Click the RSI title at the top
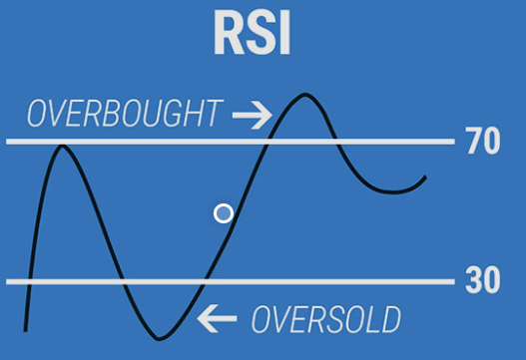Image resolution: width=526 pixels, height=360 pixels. click(252, 34)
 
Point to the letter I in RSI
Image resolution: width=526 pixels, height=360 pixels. click(283, 34)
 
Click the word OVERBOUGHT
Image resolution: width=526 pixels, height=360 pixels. click(124, 115)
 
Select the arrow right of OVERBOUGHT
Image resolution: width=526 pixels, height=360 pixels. click(252, 117)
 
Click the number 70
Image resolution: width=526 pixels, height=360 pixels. click(482, 143)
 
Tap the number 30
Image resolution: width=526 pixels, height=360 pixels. click(482, 281)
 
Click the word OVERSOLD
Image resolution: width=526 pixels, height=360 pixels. click(325, 320)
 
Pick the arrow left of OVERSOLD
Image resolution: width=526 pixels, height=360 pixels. click(218, 319)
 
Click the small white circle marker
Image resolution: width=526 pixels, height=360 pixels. click(224, 212)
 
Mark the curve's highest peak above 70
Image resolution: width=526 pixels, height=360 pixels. click(303, 96)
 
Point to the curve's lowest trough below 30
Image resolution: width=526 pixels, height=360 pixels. click(160, 339)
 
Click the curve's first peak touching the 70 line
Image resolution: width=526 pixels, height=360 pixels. click(64, 147)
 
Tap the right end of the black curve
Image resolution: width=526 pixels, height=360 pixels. click(425, 178)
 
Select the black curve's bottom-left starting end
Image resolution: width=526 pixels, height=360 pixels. click(25, 329)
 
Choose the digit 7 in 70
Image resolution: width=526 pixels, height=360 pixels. click(473, 143)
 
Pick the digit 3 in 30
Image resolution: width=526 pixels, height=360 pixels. click(473, 281)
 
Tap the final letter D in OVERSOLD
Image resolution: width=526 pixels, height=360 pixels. click(389, 320)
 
